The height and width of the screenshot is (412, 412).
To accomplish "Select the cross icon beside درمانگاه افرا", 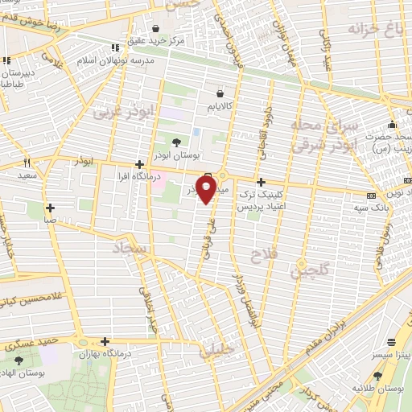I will (141, 163).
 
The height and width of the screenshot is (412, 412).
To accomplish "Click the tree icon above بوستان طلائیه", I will (377, 376).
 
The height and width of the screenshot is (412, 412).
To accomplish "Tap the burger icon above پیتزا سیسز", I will (392, 341).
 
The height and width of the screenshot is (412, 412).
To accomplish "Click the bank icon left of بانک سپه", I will (370, 196).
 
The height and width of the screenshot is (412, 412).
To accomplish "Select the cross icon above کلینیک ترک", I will (260, 183).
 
